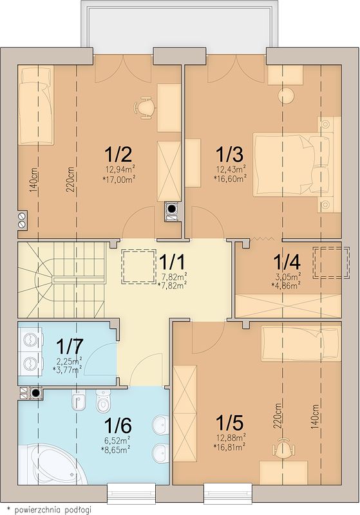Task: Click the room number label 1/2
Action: [118, 154]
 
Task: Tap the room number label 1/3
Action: [229, 154]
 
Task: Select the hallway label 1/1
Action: [172, 262]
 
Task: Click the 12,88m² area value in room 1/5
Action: [231, 438]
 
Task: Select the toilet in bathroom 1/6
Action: [103, 400]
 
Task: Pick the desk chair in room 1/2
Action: [144, 108]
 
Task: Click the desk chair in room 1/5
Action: [283, 447]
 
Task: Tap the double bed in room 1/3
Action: [292, 164]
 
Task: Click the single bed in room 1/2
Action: [36, 106]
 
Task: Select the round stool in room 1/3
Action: [286, 95]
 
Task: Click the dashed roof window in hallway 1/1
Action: [138, 267]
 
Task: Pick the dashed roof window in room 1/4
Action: [331, 263]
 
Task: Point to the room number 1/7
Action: [70, 345]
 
